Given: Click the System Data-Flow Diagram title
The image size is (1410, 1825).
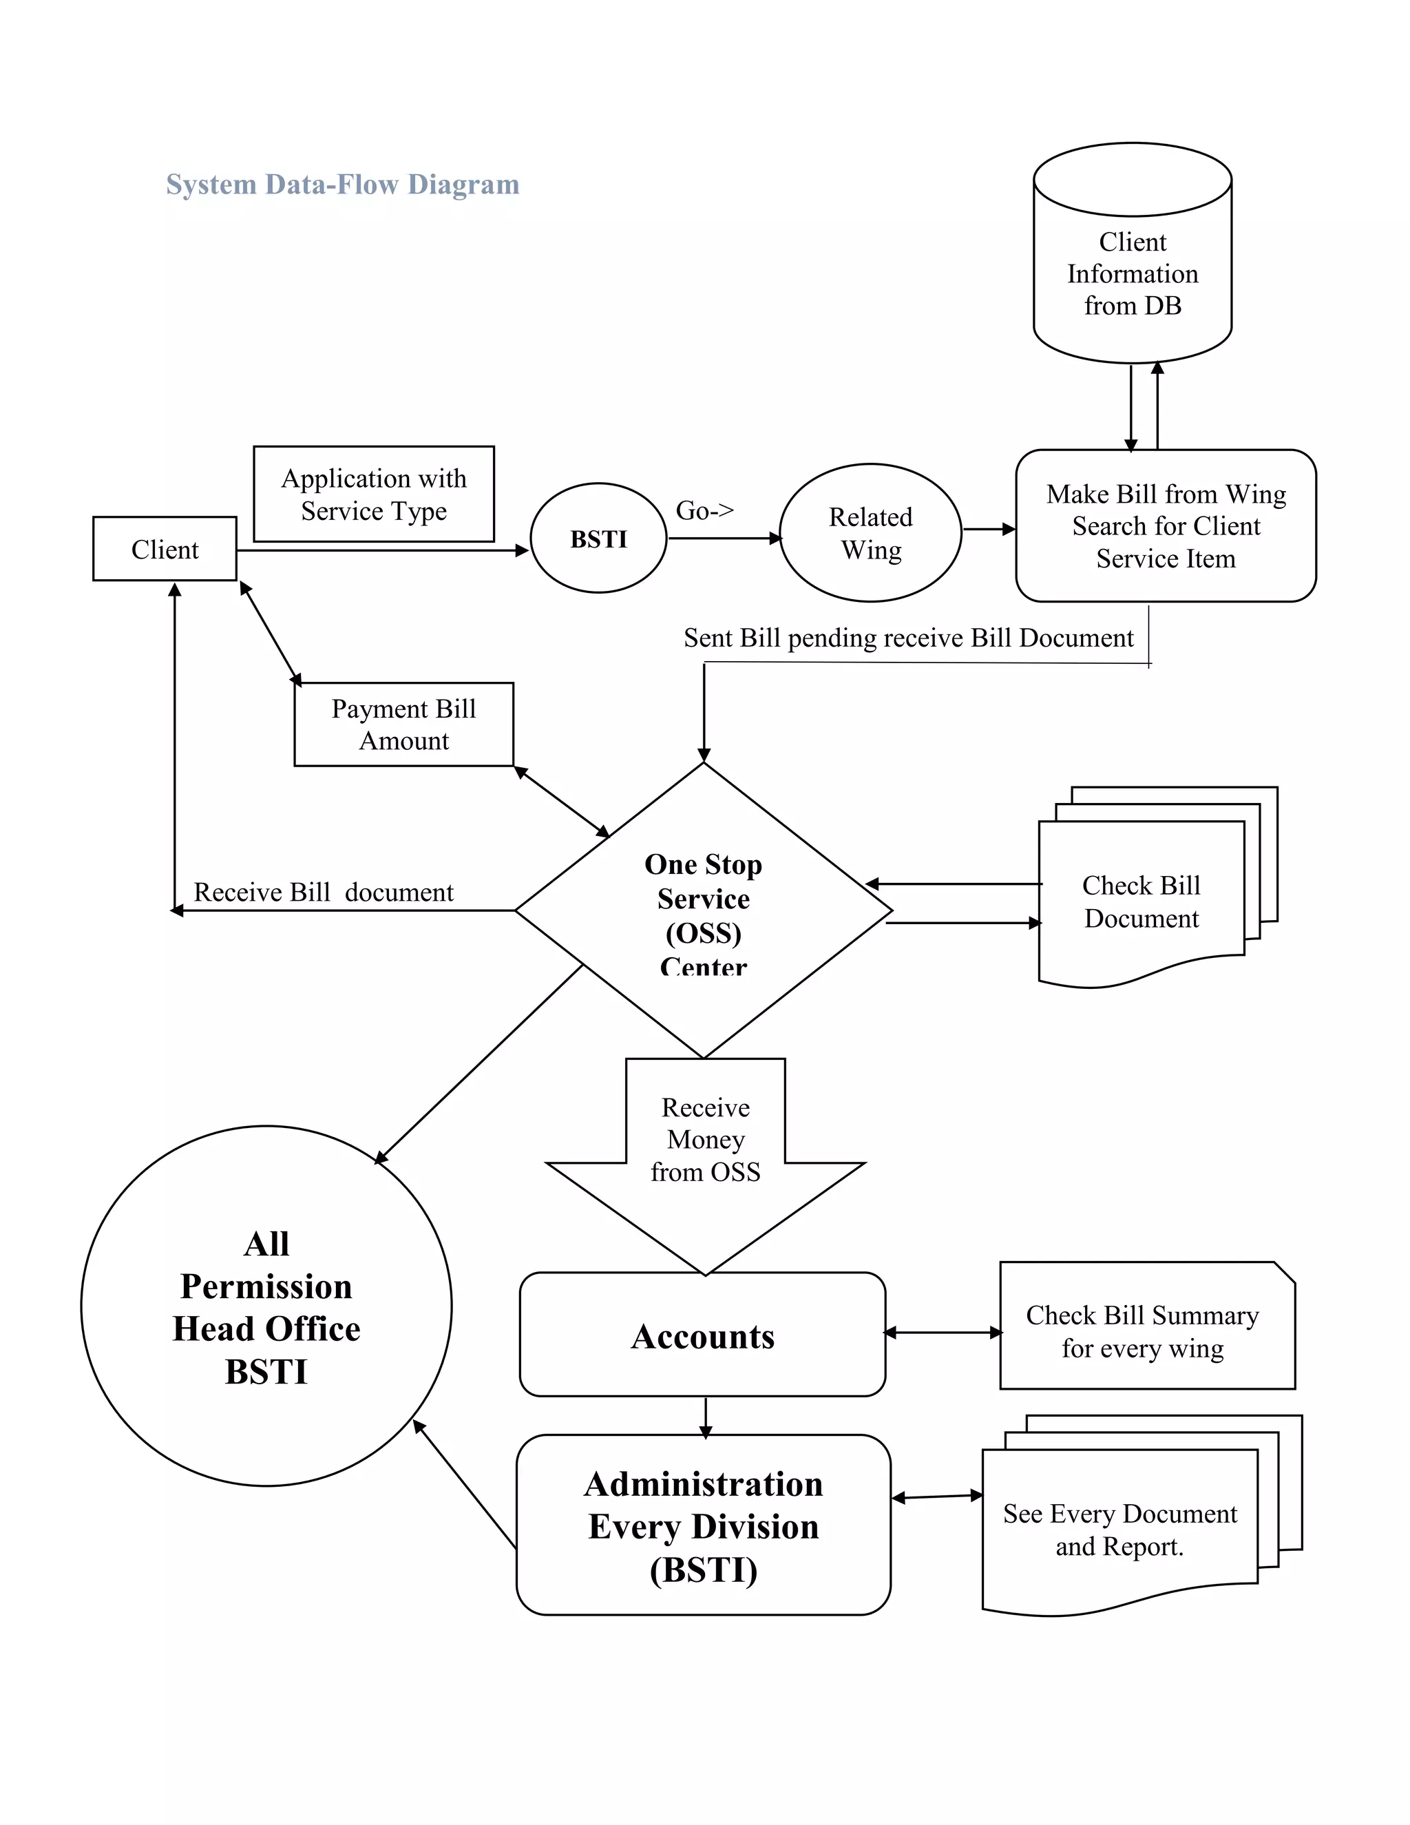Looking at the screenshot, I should click(342, 184).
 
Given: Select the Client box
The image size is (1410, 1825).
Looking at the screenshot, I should click(165, 549).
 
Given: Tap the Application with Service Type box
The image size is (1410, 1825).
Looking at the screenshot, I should click(373, 494).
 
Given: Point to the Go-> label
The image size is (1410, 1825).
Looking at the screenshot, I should click(704, 510).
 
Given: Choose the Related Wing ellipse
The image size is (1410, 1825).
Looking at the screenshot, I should click(870, 533).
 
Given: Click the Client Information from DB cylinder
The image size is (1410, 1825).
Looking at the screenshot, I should click(1132, 274).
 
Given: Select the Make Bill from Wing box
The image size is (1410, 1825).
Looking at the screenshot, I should click(1166, 525).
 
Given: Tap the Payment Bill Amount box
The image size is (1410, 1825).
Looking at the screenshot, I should click(403, 724).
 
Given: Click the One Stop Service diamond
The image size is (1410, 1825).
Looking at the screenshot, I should click(704, 911).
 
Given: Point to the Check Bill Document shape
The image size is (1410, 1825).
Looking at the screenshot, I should click(1141, 901).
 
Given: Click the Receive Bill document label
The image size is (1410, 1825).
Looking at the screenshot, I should click(324, 893).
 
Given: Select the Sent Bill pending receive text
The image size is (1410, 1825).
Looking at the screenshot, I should click(908, 638).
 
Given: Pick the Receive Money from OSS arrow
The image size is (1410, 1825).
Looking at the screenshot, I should click(705, 1153).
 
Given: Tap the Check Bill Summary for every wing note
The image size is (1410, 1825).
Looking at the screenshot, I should click(1142, 1331).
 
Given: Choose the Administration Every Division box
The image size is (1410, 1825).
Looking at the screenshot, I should click(704, 1527).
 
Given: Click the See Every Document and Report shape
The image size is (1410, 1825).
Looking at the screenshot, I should click(1119, 1530).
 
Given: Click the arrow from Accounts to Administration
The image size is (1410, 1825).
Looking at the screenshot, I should click(706, 1417).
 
